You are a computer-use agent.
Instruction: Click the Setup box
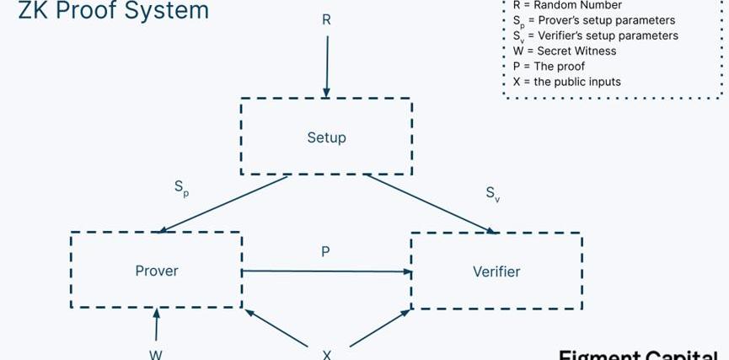(x=326, y=137)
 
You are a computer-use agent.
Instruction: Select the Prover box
(x=157, y=271)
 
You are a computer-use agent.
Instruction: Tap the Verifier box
(x=496, y=271)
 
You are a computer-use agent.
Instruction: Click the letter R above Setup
(x=326, y=19)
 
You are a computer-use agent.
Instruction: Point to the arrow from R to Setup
(x=326, y=63)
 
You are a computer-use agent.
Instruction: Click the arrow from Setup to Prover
(x=223, y=203)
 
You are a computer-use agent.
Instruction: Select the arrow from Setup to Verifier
(x=430, y=203)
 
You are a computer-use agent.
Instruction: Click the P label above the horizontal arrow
(x=326, y=251)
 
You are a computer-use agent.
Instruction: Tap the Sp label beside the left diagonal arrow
(x=182, y=188)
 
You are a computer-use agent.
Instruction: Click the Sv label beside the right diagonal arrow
(x=493, y=193)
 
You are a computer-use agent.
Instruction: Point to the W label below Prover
(x=156, y=354)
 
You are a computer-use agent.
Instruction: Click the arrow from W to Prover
(x=156, y=325)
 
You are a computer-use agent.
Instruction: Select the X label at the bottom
(x=327, y=354)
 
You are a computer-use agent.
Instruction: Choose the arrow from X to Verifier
(x=379, y=327)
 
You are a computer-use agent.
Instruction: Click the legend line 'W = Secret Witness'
(x=564, y=51)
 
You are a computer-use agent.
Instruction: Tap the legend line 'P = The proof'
(x=548, y=67)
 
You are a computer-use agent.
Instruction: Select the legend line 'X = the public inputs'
(x=566, y=82)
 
